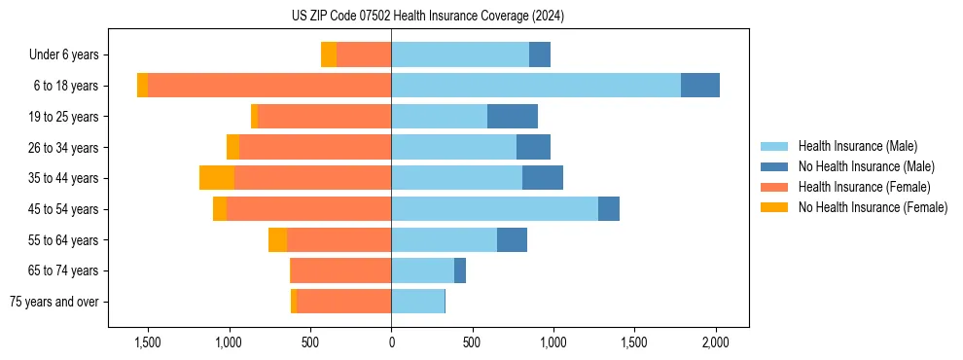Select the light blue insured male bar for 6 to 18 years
pos(535,86)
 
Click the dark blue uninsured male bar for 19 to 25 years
pos(512,117)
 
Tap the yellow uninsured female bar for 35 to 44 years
pos(217,178)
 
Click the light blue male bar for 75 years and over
pos(417,302)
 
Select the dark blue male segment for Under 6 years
pos(540,54)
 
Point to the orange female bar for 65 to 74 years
pos(340,270)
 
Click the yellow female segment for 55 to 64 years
pos(277,240)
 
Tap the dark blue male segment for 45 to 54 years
pos(609,209)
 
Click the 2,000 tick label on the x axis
pos(715,342)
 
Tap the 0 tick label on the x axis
pos(391,342)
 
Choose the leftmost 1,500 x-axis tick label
pos(148,342)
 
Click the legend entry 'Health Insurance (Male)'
pos(857,146)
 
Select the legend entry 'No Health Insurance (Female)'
pos(873,207)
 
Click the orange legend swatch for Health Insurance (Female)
pos(775,187)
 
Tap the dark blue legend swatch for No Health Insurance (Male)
pos(775,166)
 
